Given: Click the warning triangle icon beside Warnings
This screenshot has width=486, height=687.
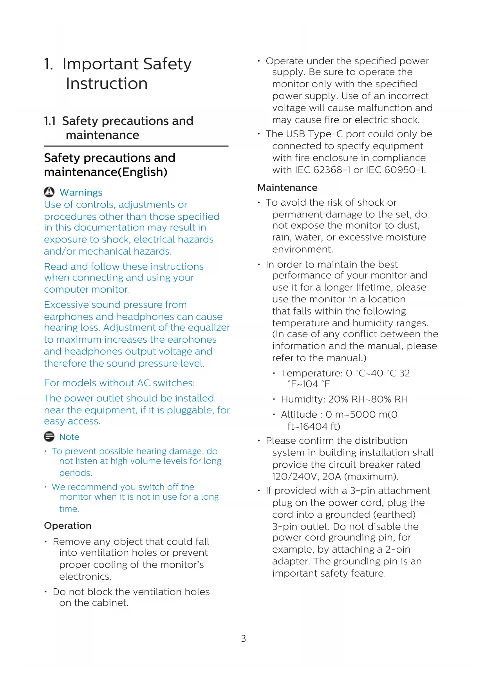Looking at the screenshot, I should tap(49, 192).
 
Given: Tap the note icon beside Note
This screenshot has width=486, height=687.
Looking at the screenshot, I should tap(49, 436).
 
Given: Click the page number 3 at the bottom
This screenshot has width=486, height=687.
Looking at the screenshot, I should tap(243, 638).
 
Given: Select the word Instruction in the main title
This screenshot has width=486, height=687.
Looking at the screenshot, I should tap(107, 83).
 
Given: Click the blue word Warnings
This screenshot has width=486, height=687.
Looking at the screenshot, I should tap(81, 192).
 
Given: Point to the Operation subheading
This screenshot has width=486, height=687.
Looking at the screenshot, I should tap(68, 525).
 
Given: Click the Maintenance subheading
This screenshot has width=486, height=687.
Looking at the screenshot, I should tap(287, 188).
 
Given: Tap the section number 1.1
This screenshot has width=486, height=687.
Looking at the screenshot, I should tap(50, 121).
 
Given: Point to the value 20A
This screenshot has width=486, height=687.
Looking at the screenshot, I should tap(331, 476).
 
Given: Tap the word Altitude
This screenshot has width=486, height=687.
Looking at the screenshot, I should tap(299, 414).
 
